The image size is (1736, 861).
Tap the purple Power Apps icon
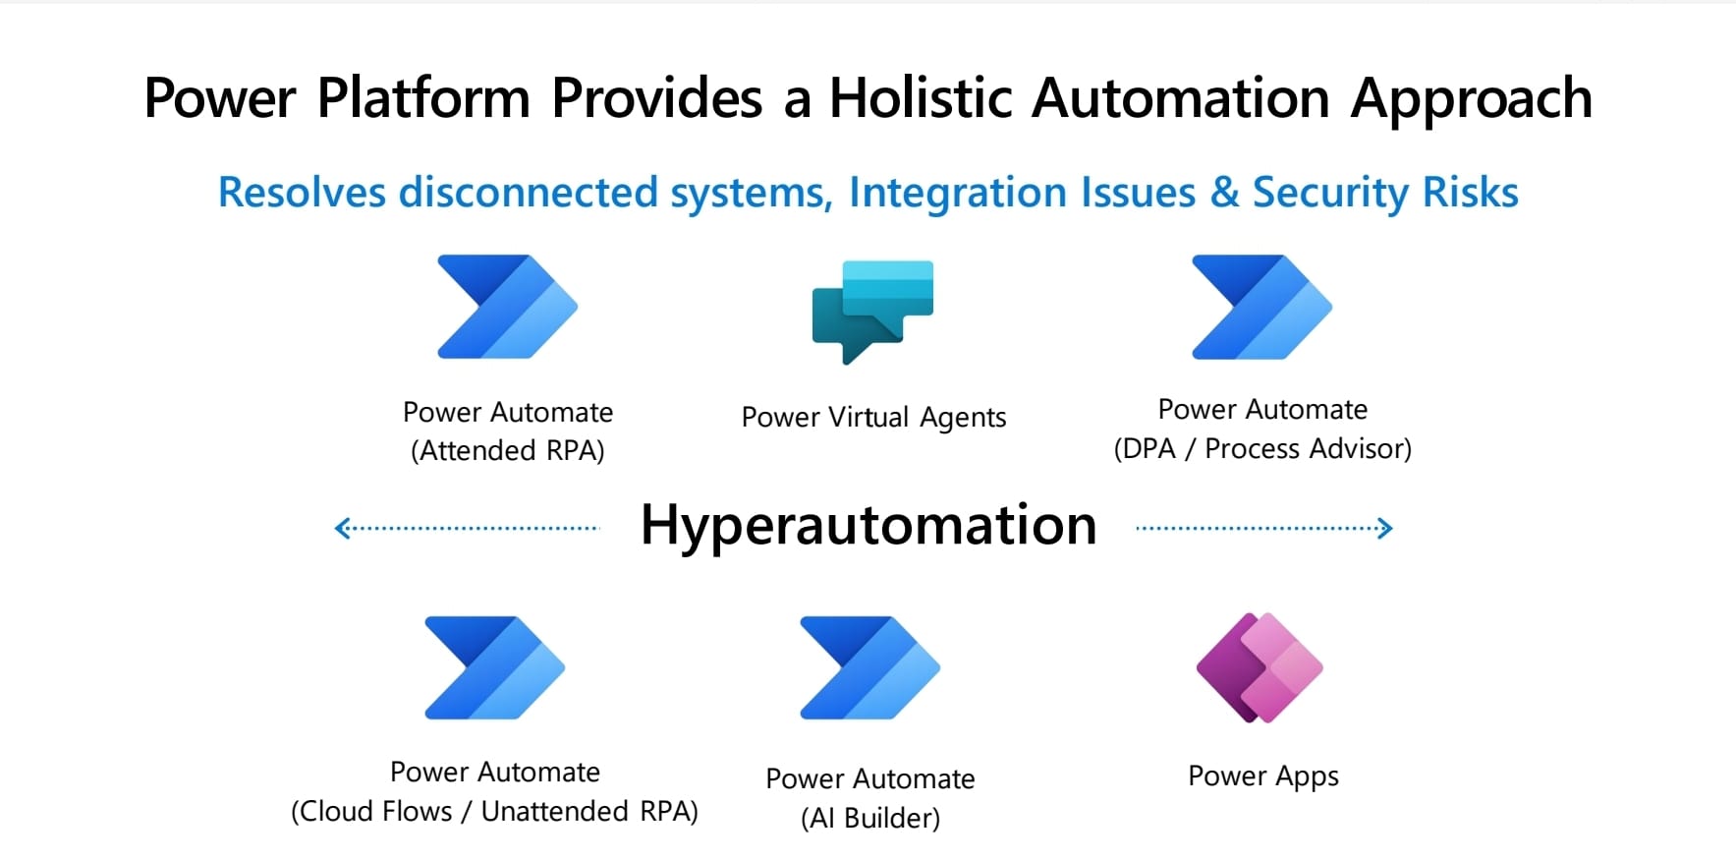pos(1260,668)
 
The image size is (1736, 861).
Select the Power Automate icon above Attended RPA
pos(506,307)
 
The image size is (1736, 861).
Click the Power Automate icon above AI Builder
pos(868,668)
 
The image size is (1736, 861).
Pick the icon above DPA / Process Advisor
pos(1260,307)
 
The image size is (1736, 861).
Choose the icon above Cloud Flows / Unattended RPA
pos(493,668)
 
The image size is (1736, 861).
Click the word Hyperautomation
pos(868,526)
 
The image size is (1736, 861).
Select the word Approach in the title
pos(1471,100)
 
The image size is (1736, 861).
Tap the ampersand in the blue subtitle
pos(1224,193)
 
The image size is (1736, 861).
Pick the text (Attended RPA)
pos(507,450)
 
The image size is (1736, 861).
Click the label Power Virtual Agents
pos(873,418)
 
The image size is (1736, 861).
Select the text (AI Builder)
pos(869,818)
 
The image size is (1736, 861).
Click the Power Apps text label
pos(1262,776)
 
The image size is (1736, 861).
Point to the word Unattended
pos(554,811)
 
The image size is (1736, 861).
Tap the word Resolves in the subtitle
pos(302,193)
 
